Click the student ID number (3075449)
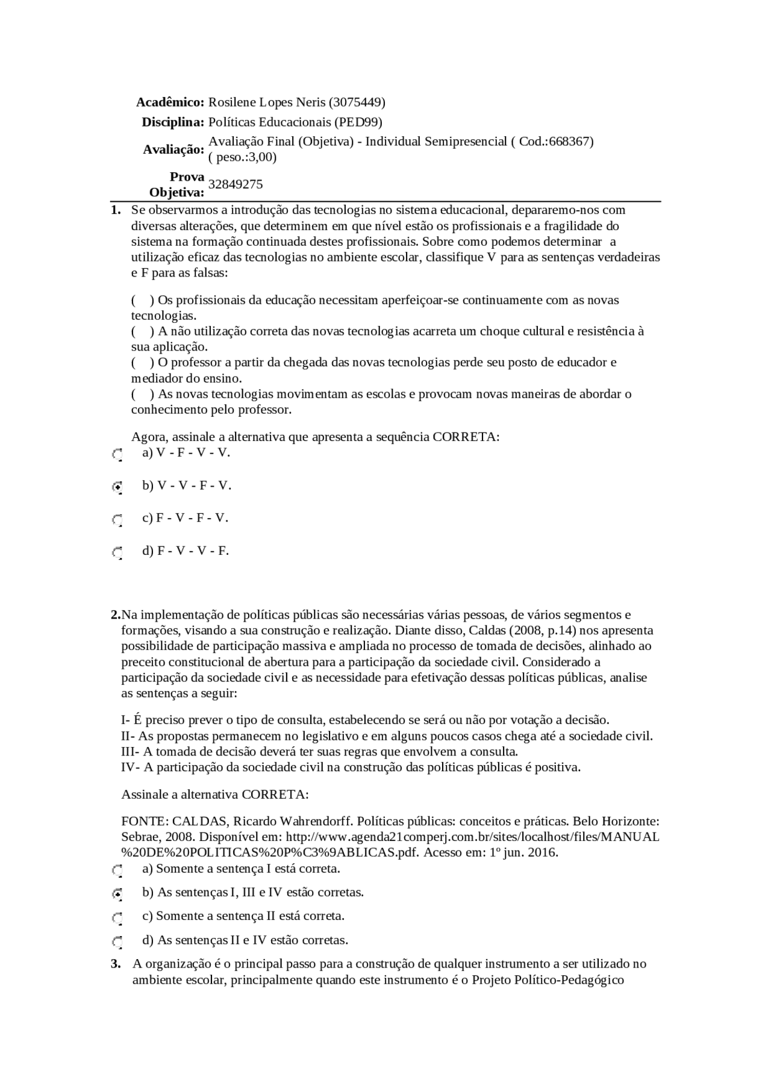click(x=358, y=102)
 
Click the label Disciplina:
click(x=173, y=122)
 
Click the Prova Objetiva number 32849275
click(x=236, y=184)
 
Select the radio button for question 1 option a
click(x=117, y=455)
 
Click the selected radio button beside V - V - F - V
click(x=117, y=487)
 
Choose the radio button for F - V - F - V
click(x=117, y=520)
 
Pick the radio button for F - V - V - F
click(x=117, y=552)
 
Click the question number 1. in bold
click(x=116, y=210)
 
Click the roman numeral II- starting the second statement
click(x=128, y=736)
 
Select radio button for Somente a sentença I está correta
click(x=117, y=871)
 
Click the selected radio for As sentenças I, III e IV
click(x=117, y=894)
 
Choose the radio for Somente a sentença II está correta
click(x=117, y=918)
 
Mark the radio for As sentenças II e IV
click(x=117, y=942)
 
